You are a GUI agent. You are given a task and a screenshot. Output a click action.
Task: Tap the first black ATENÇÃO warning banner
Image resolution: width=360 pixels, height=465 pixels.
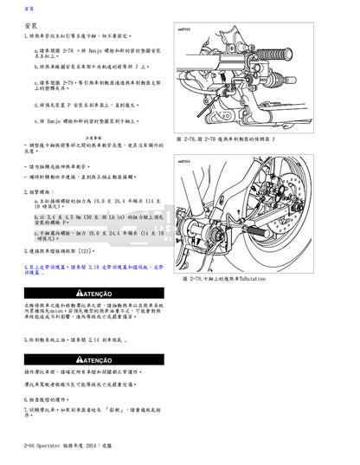[87, 294]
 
